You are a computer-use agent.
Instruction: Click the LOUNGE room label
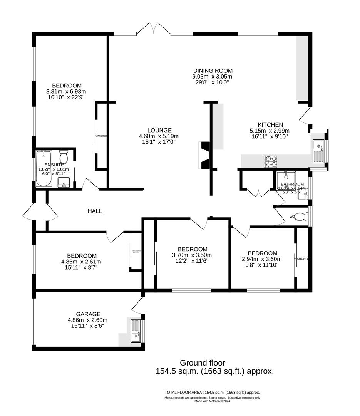coord(159,130)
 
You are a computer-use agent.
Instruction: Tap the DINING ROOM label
coord(213,70)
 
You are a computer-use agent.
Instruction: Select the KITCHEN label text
coord(270,125)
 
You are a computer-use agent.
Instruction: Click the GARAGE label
coord(87,314)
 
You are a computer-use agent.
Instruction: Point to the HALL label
coord(95,211)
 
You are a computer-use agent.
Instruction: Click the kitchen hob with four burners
coord(271,161)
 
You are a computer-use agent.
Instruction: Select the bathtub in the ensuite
coord(43,168)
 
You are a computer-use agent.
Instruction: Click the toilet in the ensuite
coord(64,157)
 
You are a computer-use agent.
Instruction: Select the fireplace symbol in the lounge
coord(204,155)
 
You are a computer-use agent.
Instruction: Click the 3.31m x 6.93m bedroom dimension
coord(67,91)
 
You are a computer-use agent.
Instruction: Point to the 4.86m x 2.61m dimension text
coord(82,262)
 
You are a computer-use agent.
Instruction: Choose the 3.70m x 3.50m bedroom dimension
coord(193,255)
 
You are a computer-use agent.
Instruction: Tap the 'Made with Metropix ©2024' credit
coord(212,401)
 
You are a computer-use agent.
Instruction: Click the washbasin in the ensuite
coord(64,182)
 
